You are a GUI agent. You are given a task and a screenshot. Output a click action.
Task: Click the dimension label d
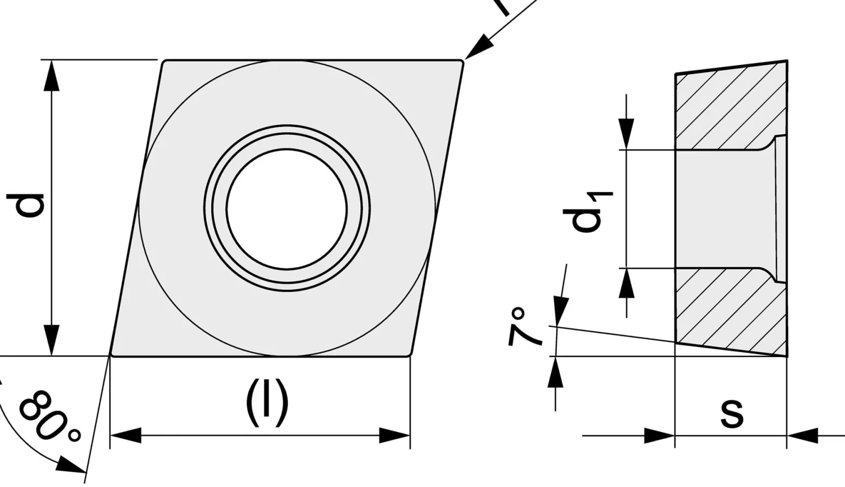click(25, 206)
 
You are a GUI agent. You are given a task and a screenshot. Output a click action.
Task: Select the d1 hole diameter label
click(587, 212)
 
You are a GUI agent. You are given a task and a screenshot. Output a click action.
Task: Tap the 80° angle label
click(49, 416)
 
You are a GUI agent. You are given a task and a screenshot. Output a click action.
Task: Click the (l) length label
click(267, 403)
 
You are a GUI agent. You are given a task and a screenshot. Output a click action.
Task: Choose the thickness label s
click(732, 413)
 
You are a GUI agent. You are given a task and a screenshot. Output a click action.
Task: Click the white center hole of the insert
click(287, 209)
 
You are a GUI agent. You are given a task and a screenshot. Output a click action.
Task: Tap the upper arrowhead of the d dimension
click(51, 76)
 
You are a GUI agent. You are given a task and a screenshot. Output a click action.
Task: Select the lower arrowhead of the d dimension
click(51, 340)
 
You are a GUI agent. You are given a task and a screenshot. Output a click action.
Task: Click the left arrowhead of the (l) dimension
click(126, 436)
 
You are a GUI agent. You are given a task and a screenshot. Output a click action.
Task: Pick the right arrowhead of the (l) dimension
click(394, 436)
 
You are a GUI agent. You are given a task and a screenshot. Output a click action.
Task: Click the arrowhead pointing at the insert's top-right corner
click(478, 47)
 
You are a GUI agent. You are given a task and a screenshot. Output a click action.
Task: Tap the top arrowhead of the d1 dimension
click(626, 134)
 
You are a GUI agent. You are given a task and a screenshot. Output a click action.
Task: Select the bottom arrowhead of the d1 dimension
click(626, 284)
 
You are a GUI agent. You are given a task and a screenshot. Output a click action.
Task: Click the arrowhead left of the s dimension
click(659, 436)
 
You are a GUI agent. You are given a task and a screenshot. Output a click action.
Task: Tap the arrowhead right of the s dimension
click(802, 436)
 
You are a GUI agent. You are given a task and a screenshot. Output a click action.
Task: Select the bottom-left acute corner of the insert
click(110, 355)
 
